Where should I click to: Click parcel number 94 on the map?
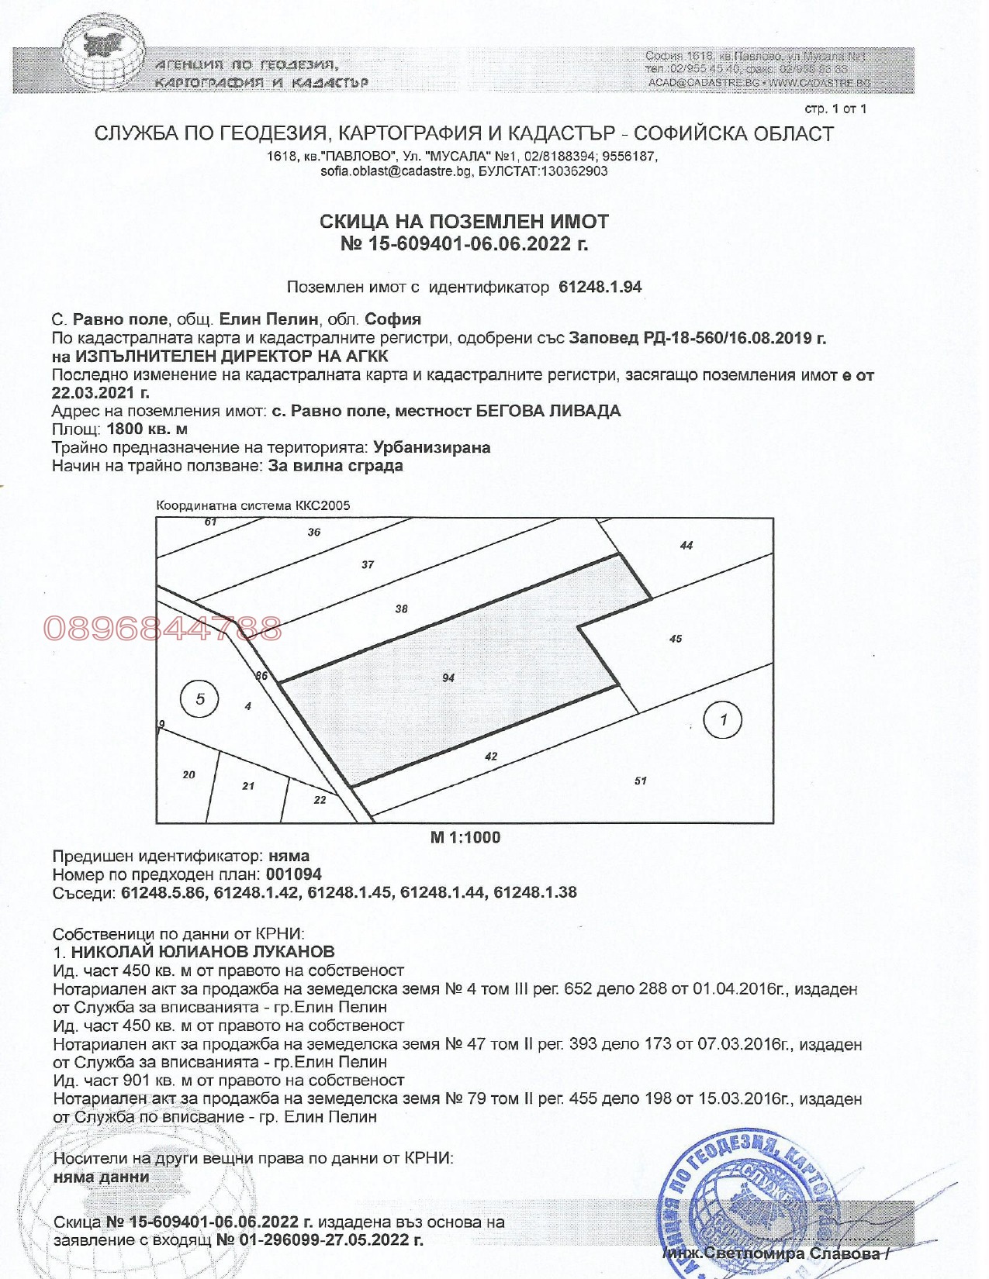coord(448,677)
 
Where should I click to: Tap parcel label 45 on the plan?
coord(676,639)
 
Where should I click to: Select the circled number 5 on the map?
coord(200,699)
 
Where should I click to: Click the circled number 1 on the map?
coord(722,720)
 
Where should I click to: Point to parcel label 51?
coord(640,781)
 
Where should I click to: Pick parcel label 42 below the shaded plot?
coord(491,757)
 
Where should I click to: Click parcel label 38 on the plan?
coord(401,608)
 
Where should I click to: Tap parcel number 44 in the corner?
coord(686,545)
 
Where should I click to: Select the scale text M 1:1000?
coord(465,837)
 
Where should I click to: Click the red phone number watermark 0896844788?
coord(163,629)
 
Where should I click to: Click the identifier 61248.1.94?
coord(600,287)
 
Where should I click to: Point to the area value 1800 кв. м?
coord(147,429)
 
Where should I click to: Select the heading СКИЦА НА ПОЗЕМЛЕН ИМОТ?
coord(464,222)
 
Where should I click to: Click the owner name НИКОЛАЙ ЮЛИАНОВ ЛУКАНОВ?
coord(202,951)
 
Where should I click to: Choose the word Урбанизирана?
coord(431,447)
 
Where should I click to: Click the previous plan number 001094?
coord(293,874)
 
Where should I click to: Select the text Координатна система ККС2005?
coord(253,505)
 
